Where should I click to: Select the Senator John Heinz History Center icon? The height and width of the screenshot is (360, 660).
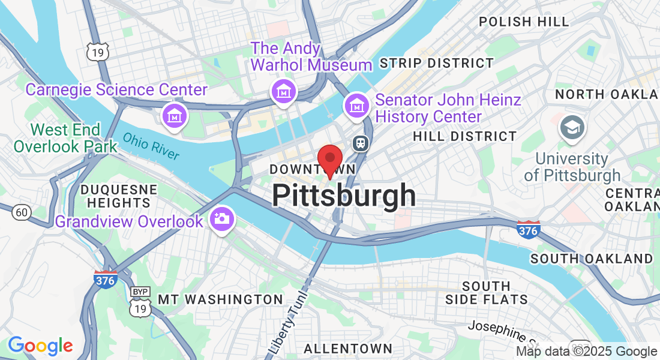coord(356,106)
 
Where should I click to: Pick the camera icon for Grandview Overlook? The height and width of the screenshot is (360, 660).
coord(222,218)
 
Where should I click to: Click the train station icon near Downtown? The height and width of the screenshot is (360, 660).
coord(360,142)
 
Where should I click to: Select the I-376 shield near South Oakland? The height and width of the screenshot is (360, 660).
coord(528,229)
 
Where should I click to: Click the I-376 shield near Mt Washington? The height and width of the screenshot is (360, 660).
coord(105,280)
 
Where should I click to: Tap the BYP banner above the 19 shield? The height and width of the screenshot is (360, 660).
coord(140,292)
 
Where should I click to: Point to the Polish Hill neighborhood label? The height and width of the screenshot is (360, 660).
coord(524,22)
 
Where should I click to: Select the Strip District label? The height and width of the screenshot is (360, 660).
coord(437,63)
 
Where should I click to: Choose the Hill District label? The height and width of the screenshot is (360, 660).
coord(464,137)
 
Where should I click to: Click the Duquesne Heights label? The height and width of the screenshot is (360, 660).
coord(119,196)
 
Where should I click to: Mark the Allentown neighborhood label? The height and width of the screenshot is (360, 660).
coord(348,349)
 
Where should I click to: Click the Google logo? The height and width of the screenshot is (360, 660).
coord(40,346)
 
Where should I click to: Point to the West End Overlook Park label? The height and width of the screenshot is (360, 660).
coord(65,138)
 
